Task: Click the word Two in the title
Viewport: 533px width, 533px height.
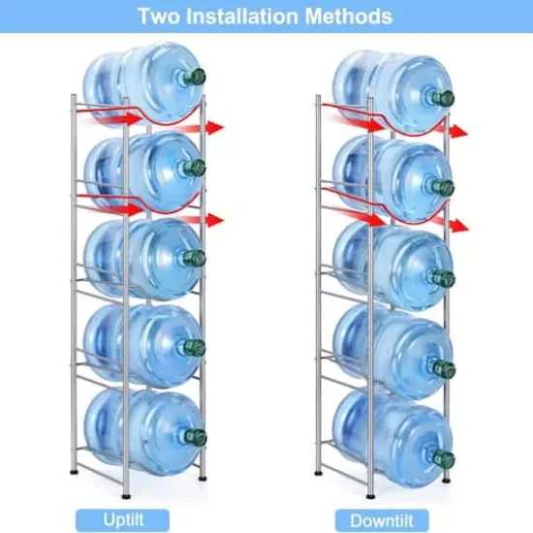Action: click(x=159, y=16)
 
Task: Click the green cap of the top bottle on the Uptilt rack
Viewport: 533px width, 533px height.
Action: click(x=197, y=77)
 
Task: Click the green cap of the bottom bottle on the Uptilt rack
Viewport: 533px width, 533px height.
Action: click(x=197, y=435)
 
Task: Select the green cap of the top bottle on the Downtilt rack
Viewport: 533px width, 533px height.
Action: click(x=445, y=98)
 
